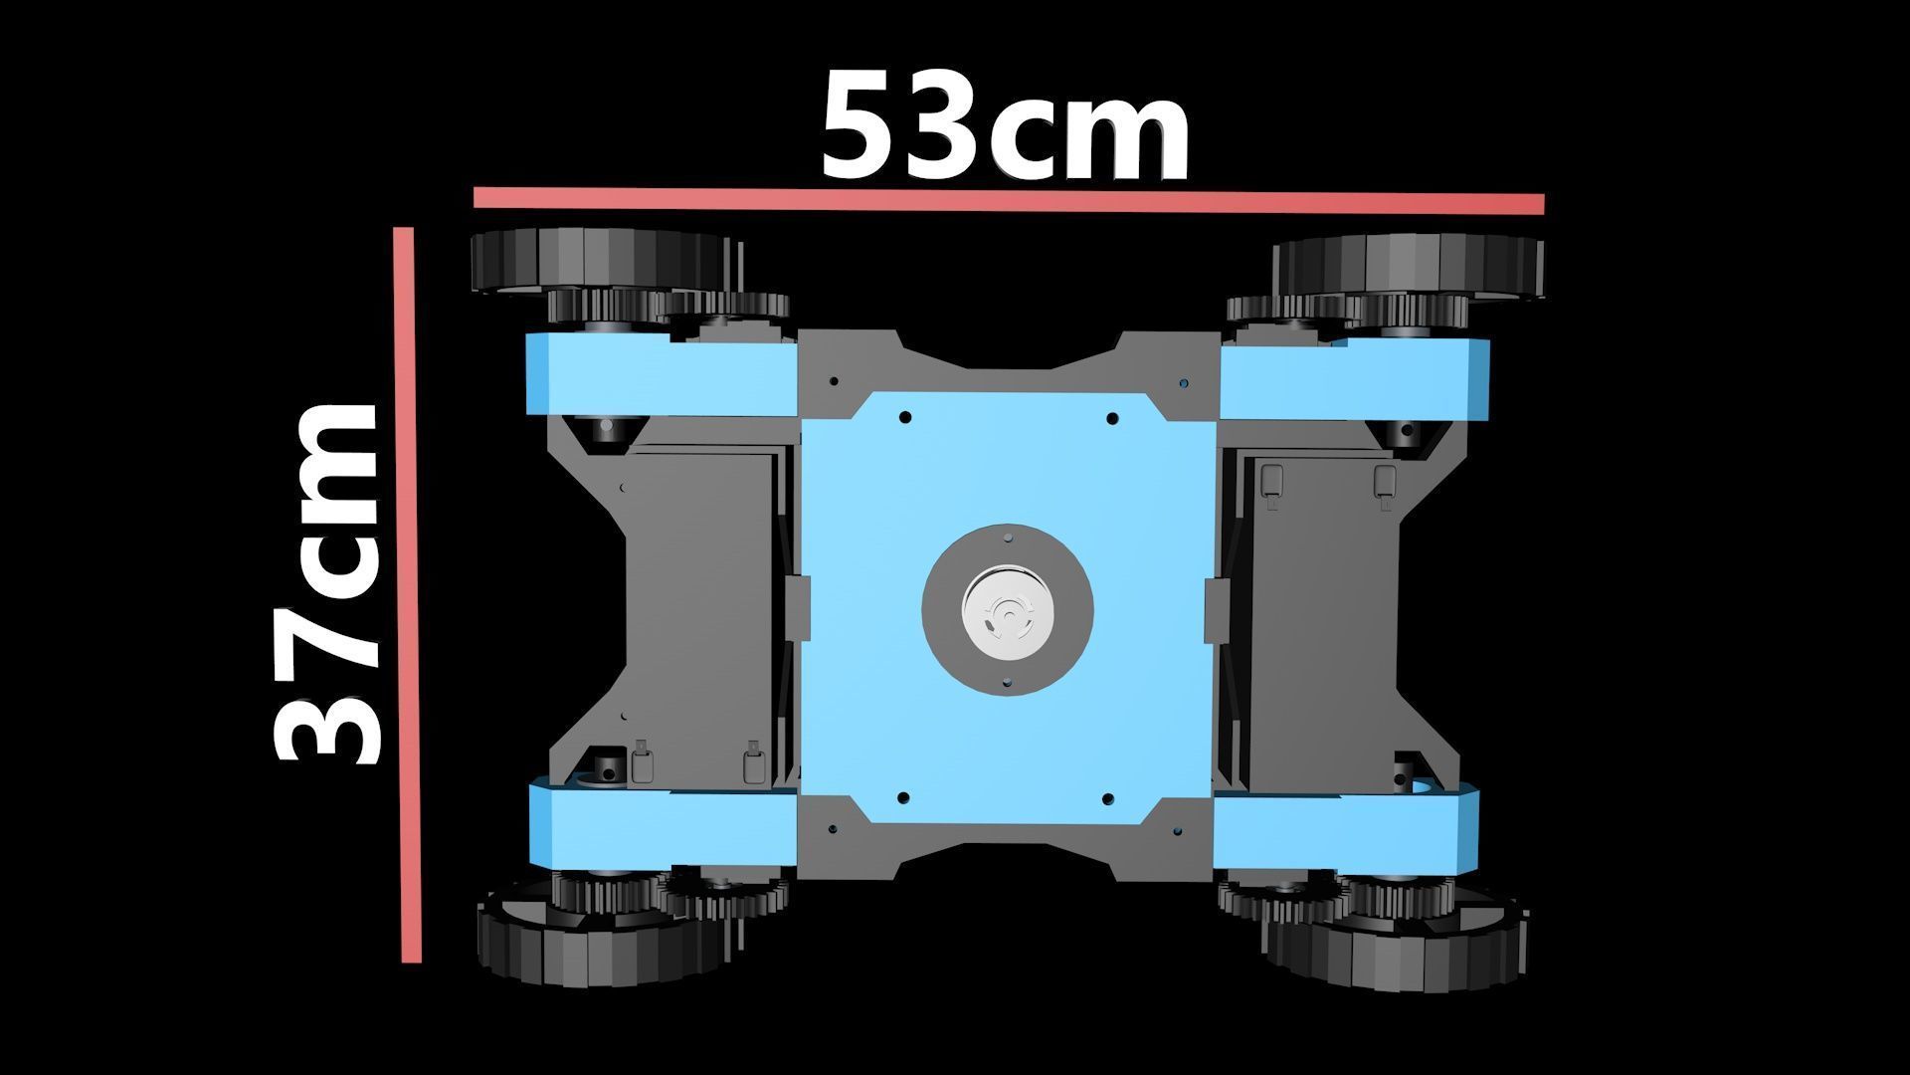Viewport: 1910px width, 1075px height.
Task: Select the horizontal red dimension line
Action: (x=1008, y=200)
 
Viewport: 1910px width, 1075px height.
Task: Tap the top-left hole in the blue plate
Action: (x=904, y=418)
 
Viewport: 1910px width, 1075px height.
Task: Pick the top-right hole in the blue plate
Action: (x=1112, y=418)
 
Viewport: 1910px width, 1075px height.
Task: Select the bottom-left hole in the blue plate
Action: (x=903, y=797)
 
